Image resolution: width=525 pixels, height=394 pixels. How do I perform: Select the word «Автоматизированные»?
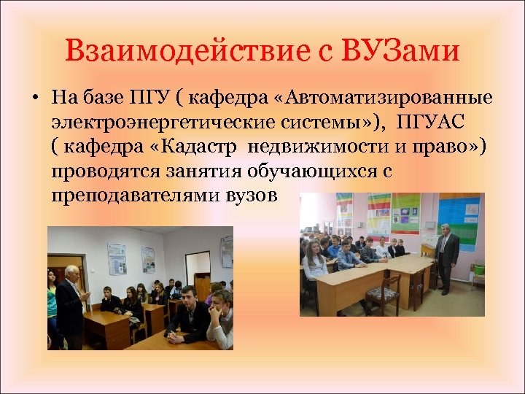click(x=389, y=97)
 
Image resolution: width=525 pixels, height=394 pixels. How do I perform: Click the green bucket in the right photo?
click(x=478, y=269)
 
